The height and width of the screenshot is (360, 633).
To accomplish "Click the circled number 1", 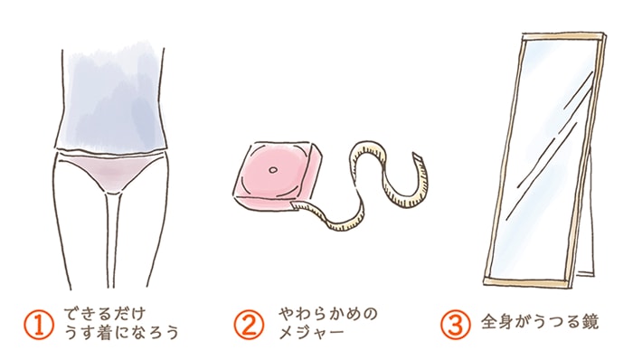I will pyautogui.click(x=43, y=323).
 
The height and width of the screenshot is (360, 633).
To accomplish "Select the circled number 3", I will pyautogui.click(x=456, y=323).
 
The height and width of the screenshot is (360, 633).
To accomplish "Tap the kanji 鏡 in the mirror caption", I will pyautogui.click(x=590, y=323).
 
